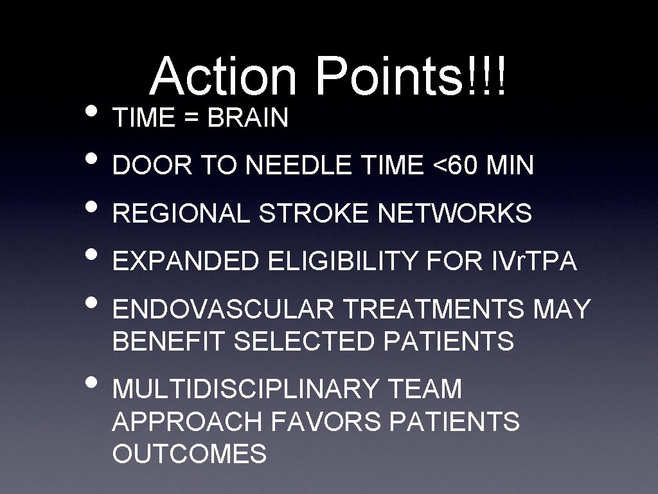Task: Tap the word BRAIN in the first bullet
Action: point(248,118)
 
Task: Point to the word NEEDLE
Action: point(298,166)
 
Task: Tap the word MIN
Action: point(510,166)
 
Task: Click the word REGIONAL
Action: point(182,214)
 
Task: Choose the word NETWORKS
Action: point(455,214)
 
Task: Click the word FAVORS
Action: point(327,422)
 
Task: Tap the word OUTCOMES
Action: point(190,454)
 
